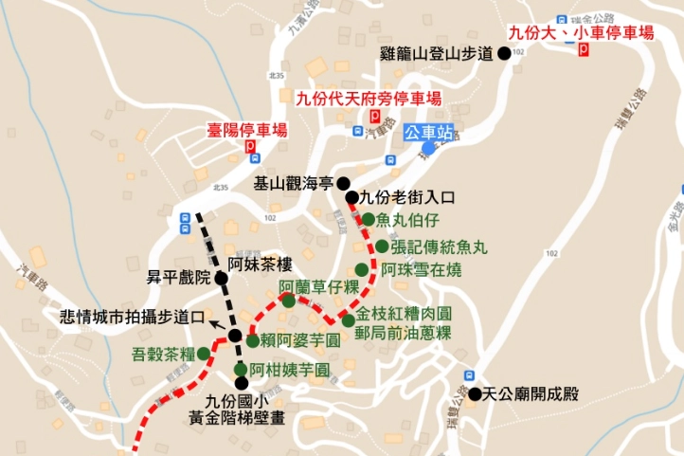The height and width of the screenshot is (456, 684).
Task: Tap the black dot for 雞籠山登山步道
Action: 504,54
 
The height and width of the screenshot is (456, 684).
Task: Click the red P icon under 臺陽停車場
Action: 250,148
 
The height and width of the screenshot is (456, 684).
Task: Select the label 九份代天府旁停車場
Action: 369,98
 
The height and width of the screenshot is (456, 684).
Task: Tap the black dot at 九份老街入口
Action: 351,198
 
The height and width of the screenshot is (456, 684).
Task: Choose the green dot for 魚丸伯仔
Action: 368,220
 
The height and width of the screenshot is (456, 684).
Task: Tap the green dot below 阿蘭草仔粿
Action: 288,301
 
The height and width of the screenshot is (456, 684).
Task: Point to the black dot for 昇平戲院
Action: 220,279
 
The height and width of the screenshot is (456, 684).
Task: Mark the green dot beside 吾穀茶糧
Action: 203,354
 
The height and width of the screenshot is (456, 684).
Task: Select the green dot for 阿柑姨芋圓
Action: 241,370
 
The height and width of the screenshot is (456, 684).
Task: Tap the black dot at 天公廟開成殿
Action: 473,393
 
